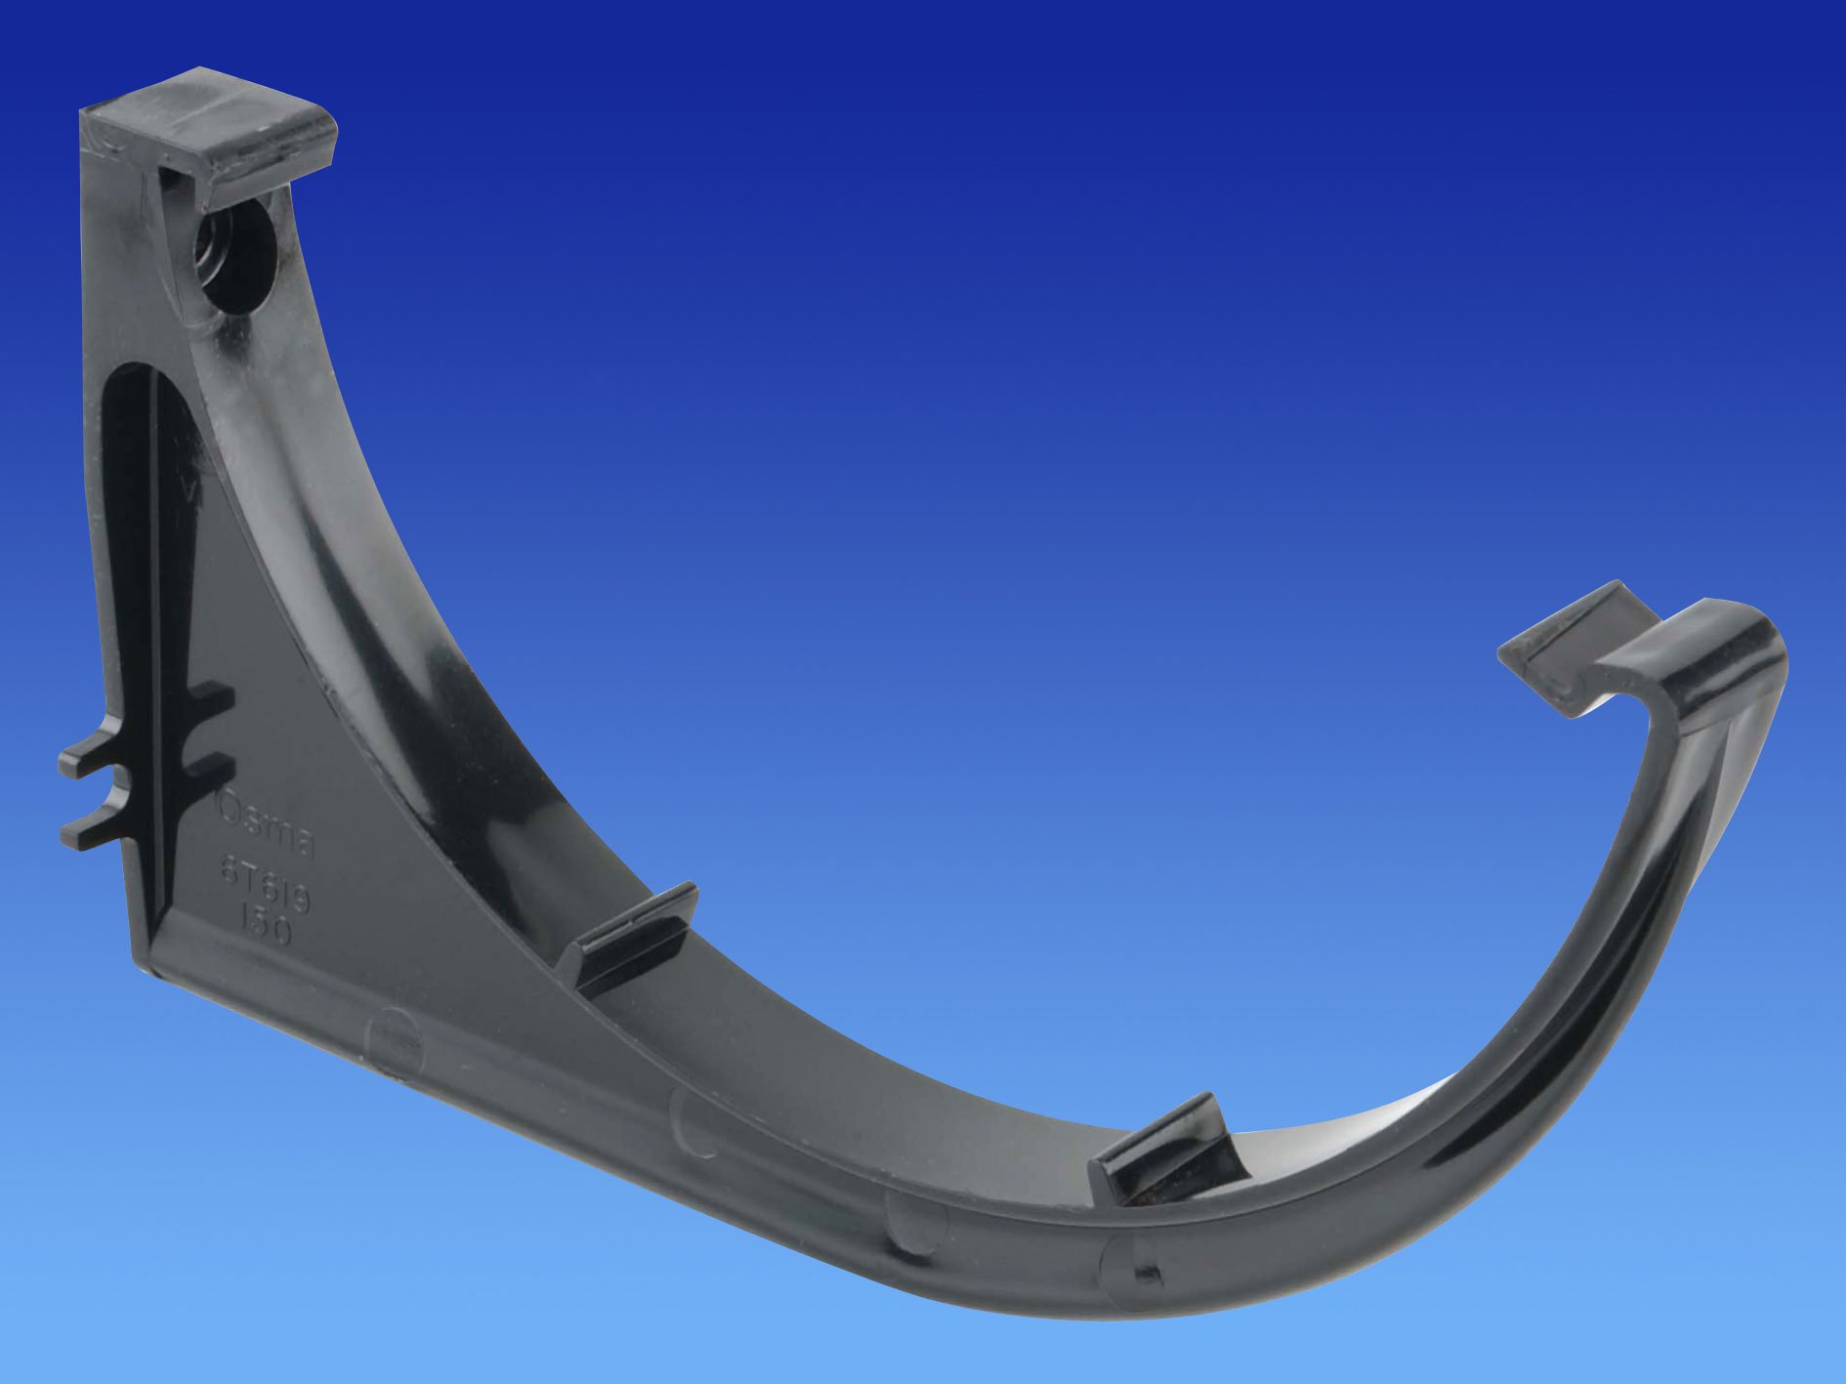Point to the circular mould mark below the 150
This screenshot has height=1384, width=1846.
(x=392, y=1035)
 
